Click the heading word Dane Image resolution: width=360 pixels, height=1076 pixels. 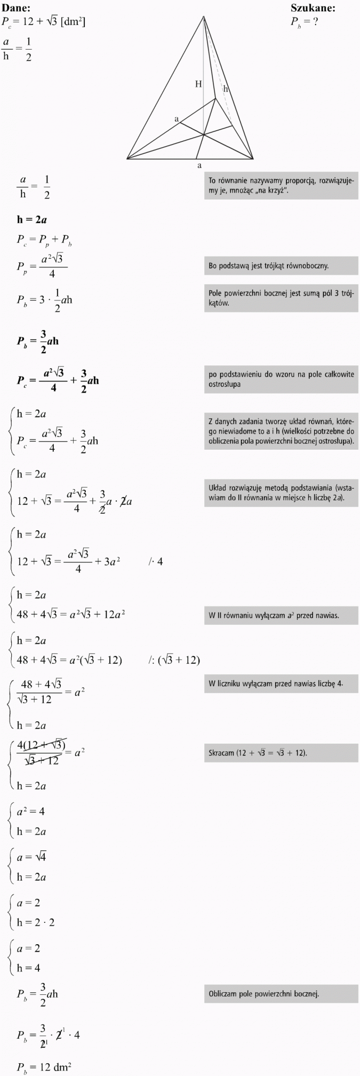pos(15,7)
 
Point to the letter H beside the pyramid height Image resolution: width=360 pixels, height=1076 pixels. pos(198,84)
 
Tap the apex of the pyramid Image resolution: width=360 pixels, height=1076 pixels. pos(204,17)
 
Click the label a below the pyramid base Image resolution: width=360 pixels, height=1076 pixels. pos(199,165)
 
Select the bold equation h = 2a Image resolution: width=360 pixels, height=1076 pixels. pos(32,219)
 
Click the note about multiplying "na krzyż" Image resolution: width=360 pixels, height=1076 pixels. pos(281,185)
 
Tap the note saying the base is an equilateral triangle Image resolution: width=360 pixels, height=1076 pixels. pos(281,265)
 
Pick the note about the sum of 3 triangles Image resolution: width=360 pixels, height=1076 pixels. pos(281,298)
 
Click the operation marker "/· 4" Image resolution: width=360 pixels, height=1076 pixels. pos(156,561)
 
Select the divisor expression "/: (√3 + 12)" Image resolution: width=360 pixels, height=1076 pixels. pos(174,660)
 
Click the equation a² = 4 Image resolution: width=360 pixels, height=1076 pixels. pos(31,811)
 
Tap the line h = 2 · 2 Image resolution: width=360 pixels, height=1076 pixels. pos(36,922)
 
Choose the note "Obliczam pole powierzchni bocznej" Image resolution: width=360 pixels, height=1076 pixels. pos(281,993)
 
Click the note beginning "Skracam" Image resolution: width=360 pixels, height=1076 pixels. pos(281,753)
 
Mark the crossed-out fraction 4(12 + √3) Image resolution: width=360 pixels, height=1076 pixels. pos(42,745)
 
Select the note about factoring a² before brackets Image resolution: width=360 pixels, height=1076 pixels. pos(281,615)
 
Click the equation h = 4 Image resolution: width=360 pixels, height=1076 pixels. pos(29,968)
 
